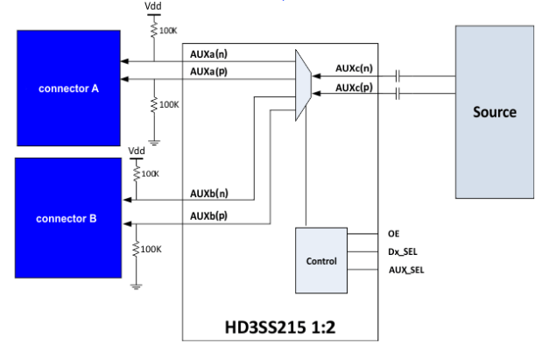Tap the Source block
click(x=495, y=112)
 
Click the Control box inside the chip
click(x=320, y=261)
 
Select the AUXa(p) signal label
click(x=210, y=71)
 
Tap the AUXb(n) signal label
click(x=210, y=193)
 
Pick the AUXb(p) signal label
click(x=210, y=215)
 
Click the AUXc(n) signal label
click(x=355, y=67)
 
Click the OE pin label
click(x=393, y=234)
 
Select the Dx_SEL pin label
click(x=402, y=251)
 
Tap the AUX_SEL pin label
click(x=405, y=268)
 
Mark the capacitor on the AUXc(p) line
click(x=398, y=93)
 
